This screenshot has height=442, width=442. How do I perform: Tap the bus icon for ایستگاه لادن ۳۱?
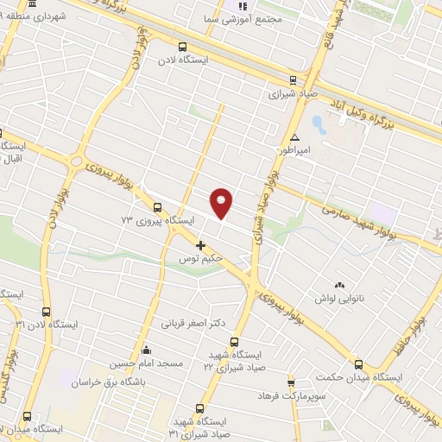point(47,312)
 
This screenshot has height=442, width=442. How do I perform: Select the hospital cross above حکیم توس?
point(201,245)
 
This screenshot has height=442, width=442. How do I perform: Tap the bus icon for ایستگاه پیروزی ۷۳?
point(157,207)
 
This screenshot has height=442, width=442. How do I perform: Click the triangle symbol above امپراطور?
point(295,137)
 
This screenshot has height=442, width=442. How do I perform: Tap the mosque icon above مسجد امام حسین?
point(146,350)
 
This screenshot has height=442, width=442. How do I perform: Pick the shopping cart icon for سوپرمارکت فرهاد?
point(291,382)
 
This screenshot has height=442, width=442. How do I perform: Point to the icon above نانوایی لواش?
point(338,285)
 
